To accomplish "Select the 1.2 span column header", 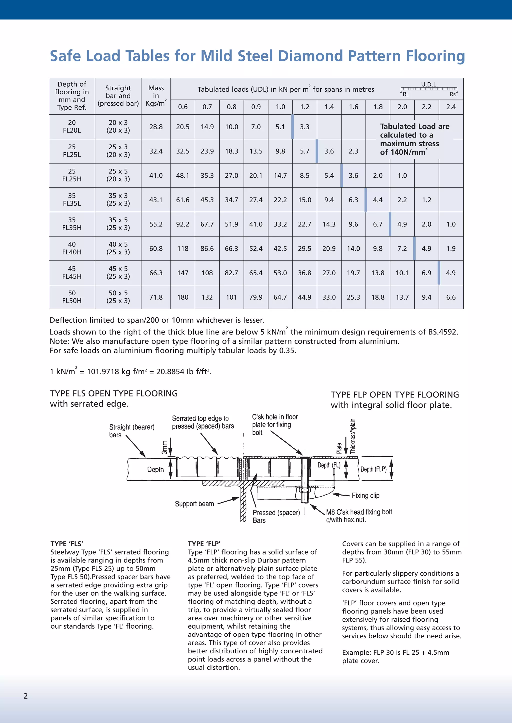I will coord(304,107).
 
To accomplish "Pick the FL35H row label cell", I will coord(72,224).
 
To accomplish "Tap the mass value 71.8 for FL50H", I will coord(156,297).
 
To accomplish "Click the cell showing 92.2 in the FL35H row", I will coord(182,224).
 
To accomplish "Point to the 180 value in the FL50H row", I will coord(182,297).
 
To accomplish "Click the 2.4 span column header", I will coord(451,107).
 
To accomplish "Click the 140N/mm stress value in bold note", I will coord(408,152).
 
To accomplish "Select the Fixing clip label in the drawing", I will coord(365,495).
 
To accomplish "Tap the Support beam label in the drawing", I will coord(194,504).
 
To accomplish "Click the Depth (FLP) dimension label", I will coord(373,469).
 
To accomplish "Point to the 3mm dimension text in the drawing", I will coord(164,447).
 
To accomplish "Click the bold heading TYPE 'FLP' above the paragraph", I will coord(204,543).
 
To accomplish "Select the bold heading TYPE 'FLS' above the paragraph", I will coord(67,543).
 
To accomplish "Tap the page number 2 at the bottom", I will coord(26,696).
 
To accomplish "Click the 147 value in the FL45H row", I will coord(182,273).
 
